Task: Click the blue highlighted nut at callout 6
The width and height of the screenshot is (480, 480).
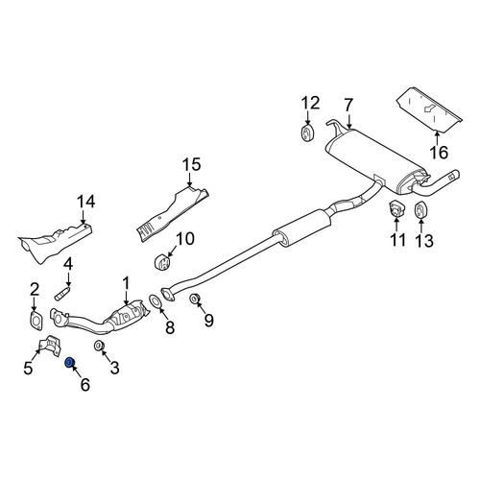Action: tap(69, 363)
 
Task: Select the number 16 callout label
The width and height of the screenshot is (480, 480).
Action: tap(439, 153)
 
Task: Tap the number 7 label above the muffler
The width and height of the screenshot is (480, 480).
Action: tap(348, 105)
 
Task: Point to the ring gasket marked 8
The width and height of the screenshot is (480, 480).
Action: tap(156, 301)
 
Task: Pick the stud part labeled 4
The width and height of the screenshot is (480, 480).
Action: tap(62, 294)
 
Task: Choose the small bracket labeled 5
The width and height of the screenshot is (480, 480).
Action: tap(50, 346)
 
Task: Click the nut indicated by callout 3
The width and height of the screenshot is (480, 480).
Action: tap(99, 347)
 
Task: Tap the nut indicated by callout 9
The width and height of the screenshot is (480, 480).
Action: tap(195, 299)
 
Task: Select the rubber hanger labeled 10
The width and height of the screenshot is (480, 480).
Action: tap(162, 262)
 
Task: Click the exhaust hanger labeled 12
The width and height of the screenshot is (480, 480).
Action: tap(308, 133)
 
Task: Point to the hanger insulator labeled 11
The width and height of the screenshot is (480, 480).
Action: tap(396, 208)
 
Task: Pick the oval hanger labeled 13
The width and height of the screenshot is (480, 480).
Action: tap(420, 209)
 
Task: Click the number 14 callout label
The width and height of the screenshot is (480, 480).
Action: tap(85, 202)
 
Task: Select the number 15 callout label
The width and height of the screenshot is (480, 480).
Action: tap(192, 164)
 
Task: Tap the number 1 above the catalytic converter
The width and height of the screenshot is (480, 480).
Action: tap(126, 283)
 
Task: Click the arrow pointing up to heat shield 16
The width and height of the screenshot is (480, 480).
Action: tap(438, 137)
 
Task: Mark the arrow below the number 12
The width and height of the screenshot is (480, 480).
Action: tap(308, 117)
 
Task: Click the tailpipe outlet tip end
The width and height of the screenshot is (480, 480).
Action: tap(456, 175)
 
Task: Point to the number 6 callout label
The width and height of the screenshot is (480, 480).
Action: tap(85, 384)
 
